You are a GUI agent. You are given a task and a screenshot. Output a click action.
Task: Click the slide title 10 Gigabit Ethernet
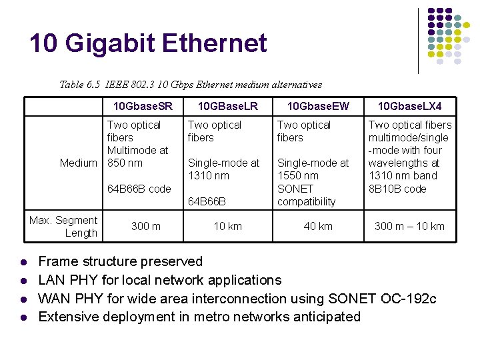148,44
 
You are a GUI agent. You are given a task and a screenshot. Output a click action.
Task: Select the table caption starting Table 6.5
191,85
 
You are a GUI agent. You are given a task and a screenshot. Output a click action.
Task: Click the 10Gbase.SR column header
143,106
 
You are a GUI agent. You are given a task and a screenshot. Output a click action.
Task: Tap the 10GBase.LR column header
228,106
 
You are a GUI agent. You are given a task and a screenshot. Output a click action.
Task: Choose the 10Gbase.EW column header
318,106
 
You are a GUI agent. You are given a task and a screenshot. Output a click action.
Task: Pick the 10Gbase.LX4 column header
409,106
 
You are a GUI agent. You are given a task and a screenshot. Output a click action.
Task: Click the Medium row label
78,163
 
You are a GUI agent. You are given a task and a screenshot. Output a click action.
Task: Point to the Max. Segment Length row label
63,227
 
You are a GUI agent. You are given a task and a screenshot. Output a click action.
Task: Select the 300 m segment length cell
145,227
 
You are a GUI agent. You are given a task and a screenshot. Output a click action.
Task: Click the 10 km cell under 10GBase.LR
227,227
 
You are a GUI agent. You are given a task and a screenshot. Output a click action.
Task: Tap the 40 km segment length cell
318,227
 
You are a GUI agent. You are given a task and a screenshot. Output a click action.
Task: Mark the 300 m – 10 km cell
409,227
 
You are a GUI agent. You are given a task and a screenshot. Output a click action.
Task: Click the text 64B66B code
139,189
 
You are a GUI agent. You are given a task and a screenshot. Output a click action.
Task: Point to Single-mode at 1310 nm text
223,169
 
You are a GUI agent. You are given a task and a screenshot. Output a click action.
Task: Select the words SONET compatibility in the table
306,195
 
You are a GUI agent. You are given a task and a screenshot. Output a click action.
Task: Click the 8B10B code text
397,189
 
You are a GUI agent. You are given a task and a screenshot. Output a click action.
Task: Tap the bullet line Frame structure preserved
121,261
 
